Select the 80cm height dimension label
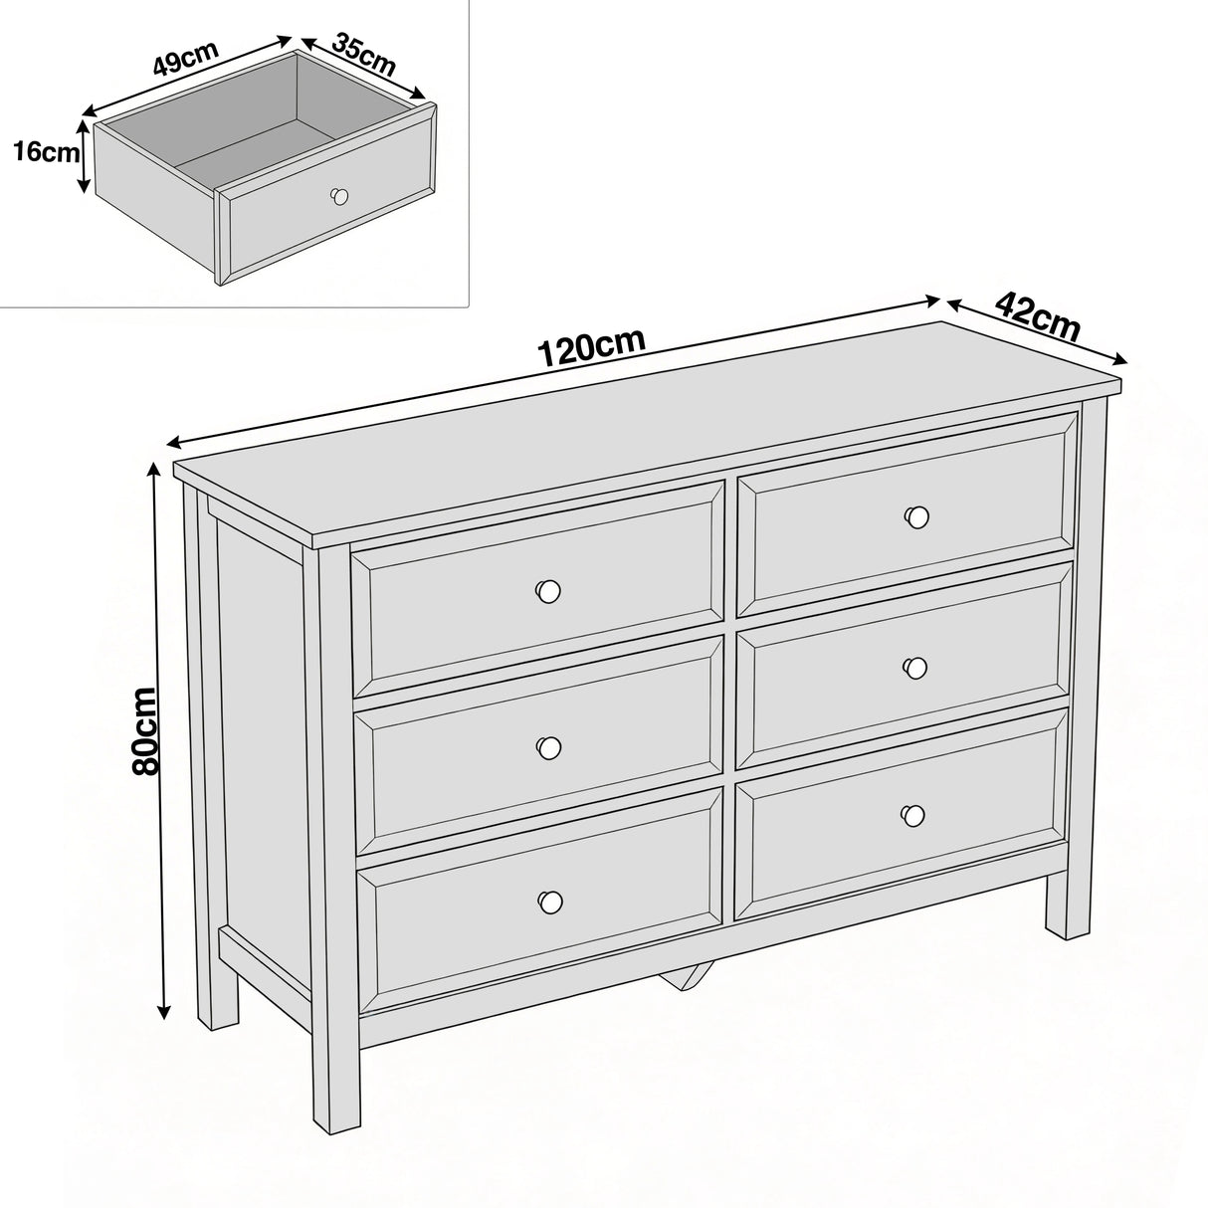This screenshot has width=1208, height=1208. (146, 732)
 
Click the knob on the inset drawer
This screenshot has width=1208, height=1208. (340, 195)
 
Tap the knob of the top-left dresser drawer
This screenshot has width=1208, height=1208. (546, 590)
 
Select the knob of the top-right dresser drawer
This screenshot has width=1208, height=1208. (916, 516)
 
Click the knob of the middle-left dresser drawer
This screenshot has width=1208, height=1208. (547, 746)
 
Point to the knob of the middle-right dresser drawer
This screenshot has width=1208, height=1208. (915, 667)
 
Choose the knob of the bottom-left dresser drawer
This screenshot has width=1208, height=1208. (547, 901)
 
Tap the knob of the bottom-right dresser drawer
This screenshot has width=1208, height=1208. (911, 815)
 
